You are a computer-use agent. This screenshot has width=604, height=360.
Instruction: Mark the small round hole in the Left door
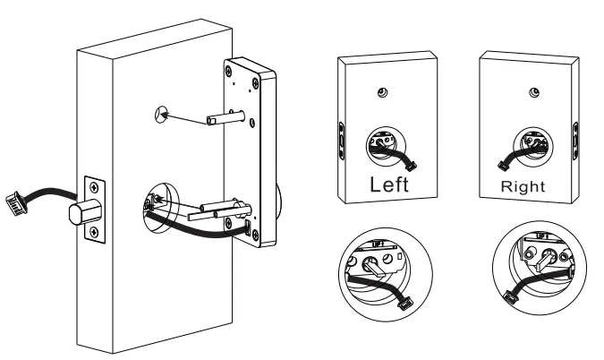tap(382, 94)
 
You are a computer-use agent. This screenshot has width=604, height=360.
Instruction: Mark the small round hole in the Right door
tap(534, 94)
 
